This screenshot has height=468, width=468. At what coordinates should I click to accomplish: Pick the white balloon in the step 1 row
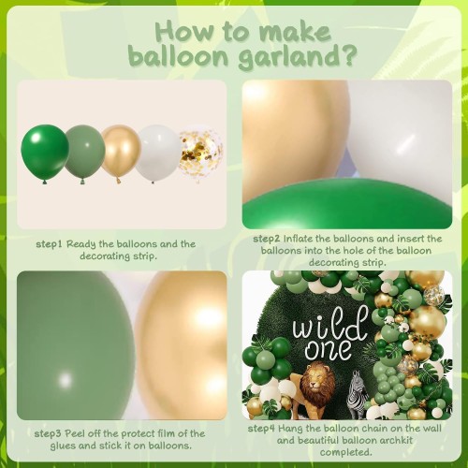click(x=158, y=153)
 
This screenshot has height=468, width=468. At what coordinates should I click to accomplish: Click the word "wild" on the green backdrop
click(x=329, y=325)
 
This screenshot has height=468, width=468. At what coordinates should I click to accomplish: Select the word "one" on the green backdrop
click(x=328, y=349)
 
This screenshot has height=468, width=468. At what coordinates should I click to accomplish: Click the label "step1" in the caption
click(x=50, y=244)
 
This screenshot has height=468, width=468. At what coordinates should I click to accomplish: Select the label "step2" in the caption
click(x=267, y=240)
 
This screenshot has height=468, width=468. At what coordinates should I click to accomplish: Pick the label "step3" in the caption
click(x=48, y=434)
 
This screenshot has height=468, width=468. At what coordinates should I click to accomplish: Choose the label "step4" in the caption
click(x=261, y=429)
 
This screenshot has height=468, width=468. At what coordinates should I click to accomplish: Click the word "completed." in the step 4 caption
click(x=345, y=452)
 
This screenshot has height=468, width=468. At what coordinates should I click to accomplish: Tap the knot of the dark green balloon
click(x=45, y=182)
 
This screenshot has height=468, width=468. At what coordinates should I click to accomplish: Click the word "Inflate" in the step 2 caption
click(x=299, y=239)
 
